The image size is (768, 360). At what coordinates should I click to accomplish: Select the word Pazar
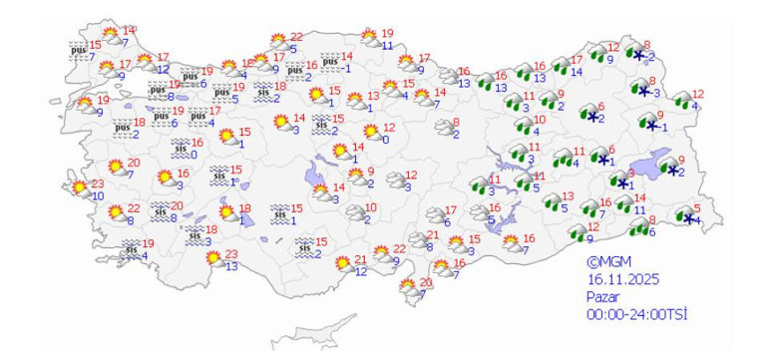click(x=602, y=296)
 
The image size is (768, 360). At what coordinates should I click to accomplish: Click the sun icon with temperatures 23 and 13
click(x=212, y=259)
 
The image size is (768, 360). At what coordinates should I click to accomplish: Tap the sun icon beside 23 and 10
click(x=77, y=188)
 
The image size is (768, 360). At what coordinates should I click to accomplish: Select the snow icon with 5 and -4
click(x=684, y=215)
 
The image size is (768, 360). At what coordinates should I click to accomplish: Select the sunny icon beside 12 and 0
click(x=370, y=131)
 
